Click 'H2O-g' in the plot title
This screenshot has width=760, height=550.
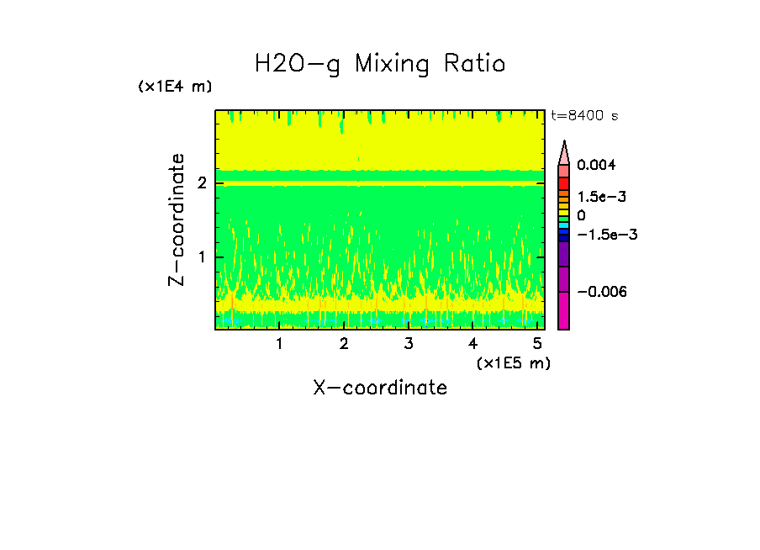tap(298, 64)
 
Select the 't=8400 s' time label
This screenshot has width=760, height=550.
tap(583, 115)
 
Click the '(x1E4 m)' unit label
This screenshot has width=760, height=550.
tap(175, 87)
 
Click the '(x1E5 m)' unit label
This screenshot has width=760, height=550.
tap(513, 362)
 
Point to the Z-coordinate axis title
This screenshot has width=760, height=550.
tap(177, 219)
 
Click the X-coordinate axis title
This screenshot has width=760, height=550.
tap(380, 388)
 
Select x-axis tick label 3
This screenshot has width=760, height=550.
tap(409, 343)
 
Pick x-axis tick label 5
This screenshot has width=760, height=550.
tap(538, 343)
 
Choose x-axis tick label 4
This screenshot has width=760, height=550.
tap(473, 343)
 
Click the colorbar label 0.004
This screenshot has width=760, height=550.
tap(595, 166)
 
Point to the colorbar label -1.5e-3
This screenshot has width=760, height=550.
tap(603, 235)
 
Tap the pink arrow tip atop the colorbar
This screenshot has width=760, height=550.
tap(564, 151)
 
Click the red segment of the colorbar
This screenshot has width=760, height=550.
tap(564, 183)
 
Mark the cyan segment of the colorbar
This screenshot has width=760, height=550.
tap(564, 225)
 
